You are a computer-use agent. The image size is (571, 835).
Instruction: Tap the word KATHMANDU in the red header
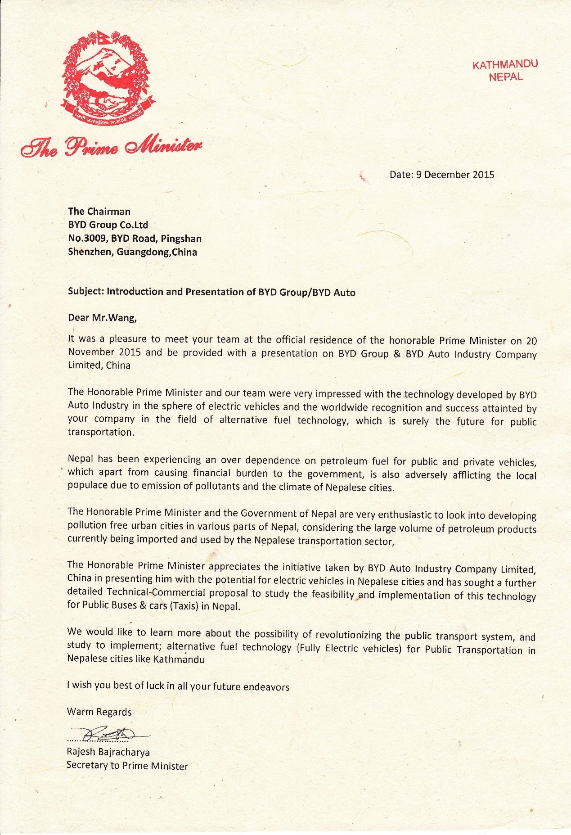pyautogui.click(x=505, y=64)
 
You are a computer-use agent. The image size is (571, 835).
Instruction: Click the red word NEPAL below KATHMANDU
pyautogui.click(x=506, y=77)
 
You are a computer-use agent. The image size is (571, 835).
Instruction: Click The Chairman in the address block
pyautogui.click(x=99, y=211)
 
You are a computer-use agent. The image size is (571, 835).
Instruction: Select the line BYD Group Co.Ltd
pyautogui.click(x=108, y=225)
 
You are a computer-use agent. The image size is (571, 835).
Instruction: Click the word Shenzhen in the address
pyautogui.click(x=90, y=252)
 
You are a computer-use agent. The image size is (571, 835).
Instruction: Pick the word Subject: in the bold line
pyautogui.click(x=85, y=292)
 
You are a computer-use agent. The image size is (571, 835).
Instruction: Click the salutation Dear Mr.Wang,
pyautogui.click(x=102, y=318)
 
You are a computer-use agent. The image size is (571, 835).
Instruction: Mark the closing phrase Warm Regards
pyautogui.click(x=99, y=712)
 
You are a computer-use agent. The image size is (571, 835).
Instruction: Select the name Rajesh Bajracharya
pyautogui.click(x=108, y=752)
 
